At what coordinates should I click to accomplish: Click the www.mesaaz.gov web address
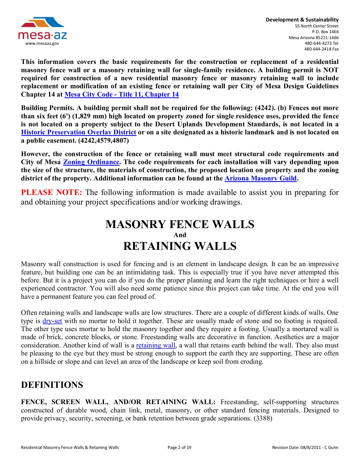42,43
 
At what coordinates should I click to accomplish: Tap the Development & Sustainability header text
302,20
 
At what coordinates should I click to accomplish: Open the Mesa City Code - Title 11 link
121,94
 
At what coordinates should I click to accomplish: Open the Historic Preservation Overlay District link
78,132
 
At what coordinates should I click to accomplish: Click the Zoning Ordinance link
91,162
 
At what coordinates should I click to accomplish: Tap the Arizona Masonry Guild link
260,178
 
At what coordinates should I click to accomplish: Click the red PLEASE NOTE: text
52,192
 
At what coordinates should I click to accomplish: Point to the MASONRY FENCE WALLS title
180,224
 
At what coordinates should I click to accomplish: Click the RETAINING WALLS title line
180,246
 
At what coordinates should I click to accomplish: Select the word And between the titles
180,235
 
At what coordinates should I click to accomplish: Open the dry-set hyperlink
52,321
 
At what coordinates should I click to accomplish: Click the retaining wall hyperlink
156,345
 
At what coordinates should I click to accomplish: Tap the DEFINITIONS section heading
52,385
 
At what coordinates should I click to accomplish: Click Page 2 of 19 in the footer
179,447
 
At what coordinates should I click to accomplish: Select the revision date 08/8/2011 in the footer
310,447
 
